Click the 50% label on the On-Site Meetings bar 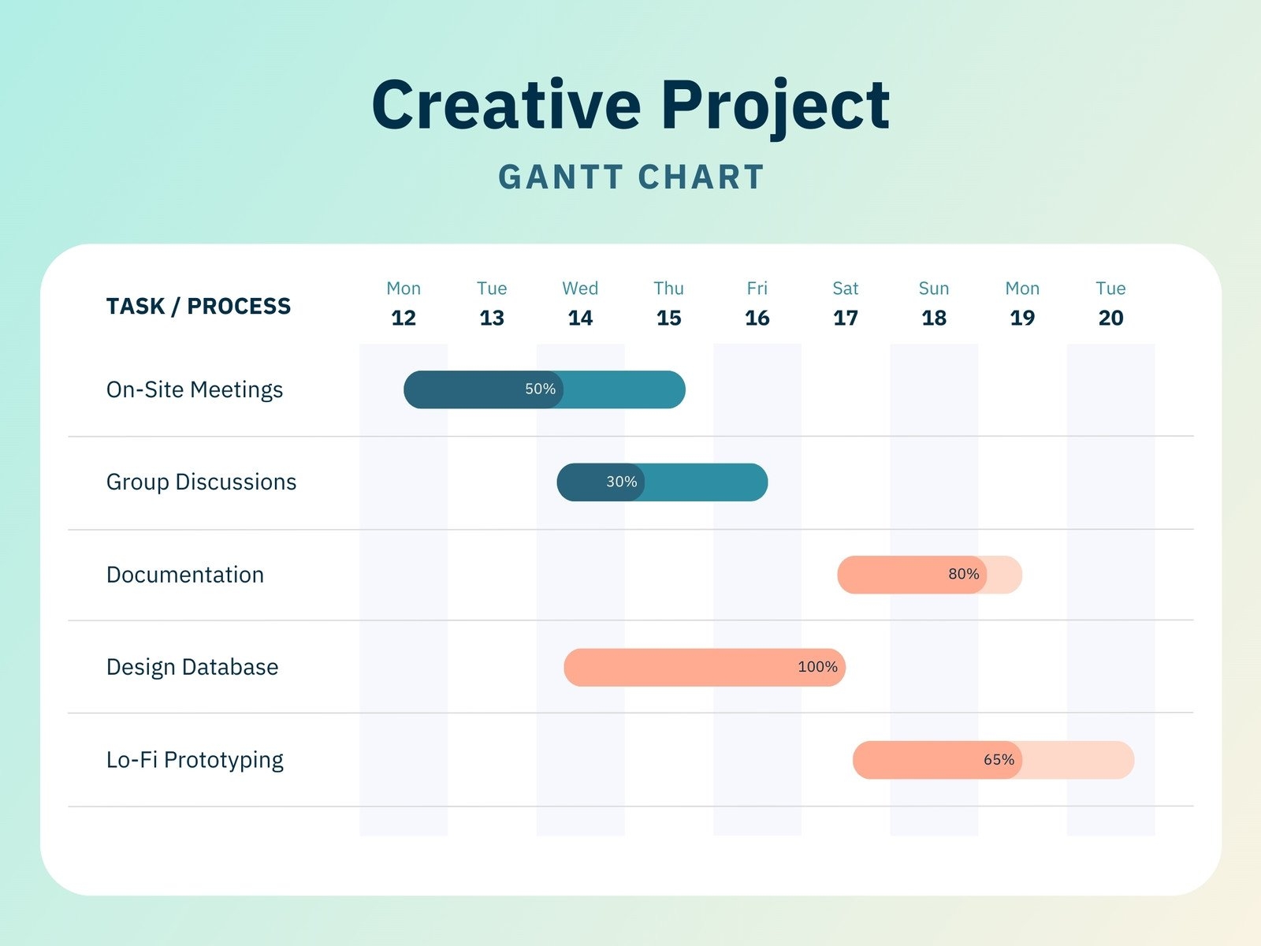point(541,389)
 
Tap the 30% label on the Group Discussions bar point(621,482)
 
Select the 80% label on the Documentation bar point(963,574)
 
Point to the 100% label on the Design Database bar point(817,667)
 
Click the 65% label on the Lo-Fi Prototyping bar point(999,760)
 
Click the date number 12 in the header point(404,318)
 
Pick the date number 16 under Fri point(757,318)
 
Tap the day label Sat point(845,289)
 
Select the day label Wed point(580,289)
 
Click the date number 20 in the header point(1110,318)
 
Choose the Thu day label point(668,289)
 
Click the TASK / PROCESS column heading point(199,306)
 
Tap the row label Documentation point(185,575)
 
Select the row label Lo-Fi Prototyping point(195,760)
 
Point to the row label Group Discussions point(201,482)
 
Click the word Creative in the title point(506,105)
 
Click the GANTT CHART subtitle point(631,177)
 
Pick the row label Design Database point(192,667)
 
